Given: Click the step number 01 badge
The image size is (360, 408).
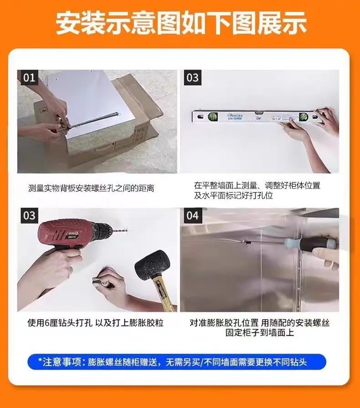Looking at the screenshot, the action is [29, 77].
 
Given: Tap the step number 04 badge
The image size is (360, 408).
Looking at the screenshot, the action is [192, 215].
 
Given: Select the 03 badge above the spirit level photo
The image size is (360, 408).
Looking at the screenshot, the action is [192, 77].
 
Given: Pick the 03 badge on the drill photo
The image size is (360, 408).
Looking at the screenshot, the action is [29, 215].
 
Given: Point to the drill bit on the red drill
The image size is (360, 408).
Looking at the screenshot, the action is [121, 230].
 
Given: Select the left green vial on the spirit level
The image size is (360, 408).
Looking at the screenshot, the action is [212, 116].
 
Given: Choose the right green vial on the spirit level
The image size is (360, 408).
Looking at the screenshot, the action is [303, 116].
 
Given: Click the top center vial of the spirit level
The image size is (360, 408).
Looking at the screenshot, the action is [258, 112].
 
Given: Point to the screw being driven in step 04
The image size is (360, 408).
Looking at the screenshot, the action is [245, 242].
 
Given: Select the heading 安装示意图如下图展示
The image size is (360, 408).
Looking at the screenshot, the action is [181, 23].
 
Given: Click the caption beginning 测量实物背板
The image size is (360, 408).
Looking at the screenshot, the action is [91, 188].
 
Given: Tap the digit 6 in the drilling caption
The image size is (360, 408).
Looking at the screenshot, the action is [47, 323].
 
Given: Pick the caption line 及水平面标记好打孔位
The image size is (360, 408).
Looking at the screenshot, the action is [233, 195].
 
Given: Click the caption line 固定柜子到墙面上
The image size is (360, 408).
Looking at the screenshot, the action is [259, 332].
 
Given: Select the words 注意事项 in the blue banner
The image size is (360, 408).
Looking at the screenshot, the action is [62, 362].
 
